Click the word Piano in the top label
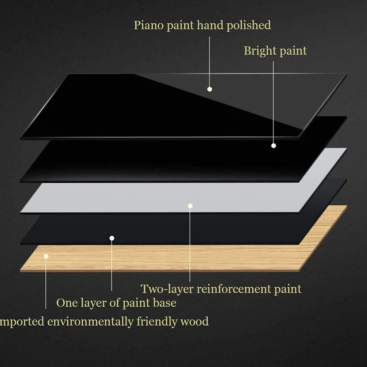pos(149,25)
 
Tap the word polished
pos(249,25)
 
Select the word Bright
pos(260,51)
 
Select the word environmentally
pos(90,321)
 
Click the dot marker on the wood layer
pos(46,256)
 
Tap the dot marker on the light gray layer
pos(190,206)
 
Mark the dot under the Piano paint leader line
pos(210,89)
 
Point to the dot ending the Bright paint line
pos(273,146)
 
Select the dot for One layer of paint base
pos(111,238)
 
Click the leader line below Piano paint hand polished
pos(209,62)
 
